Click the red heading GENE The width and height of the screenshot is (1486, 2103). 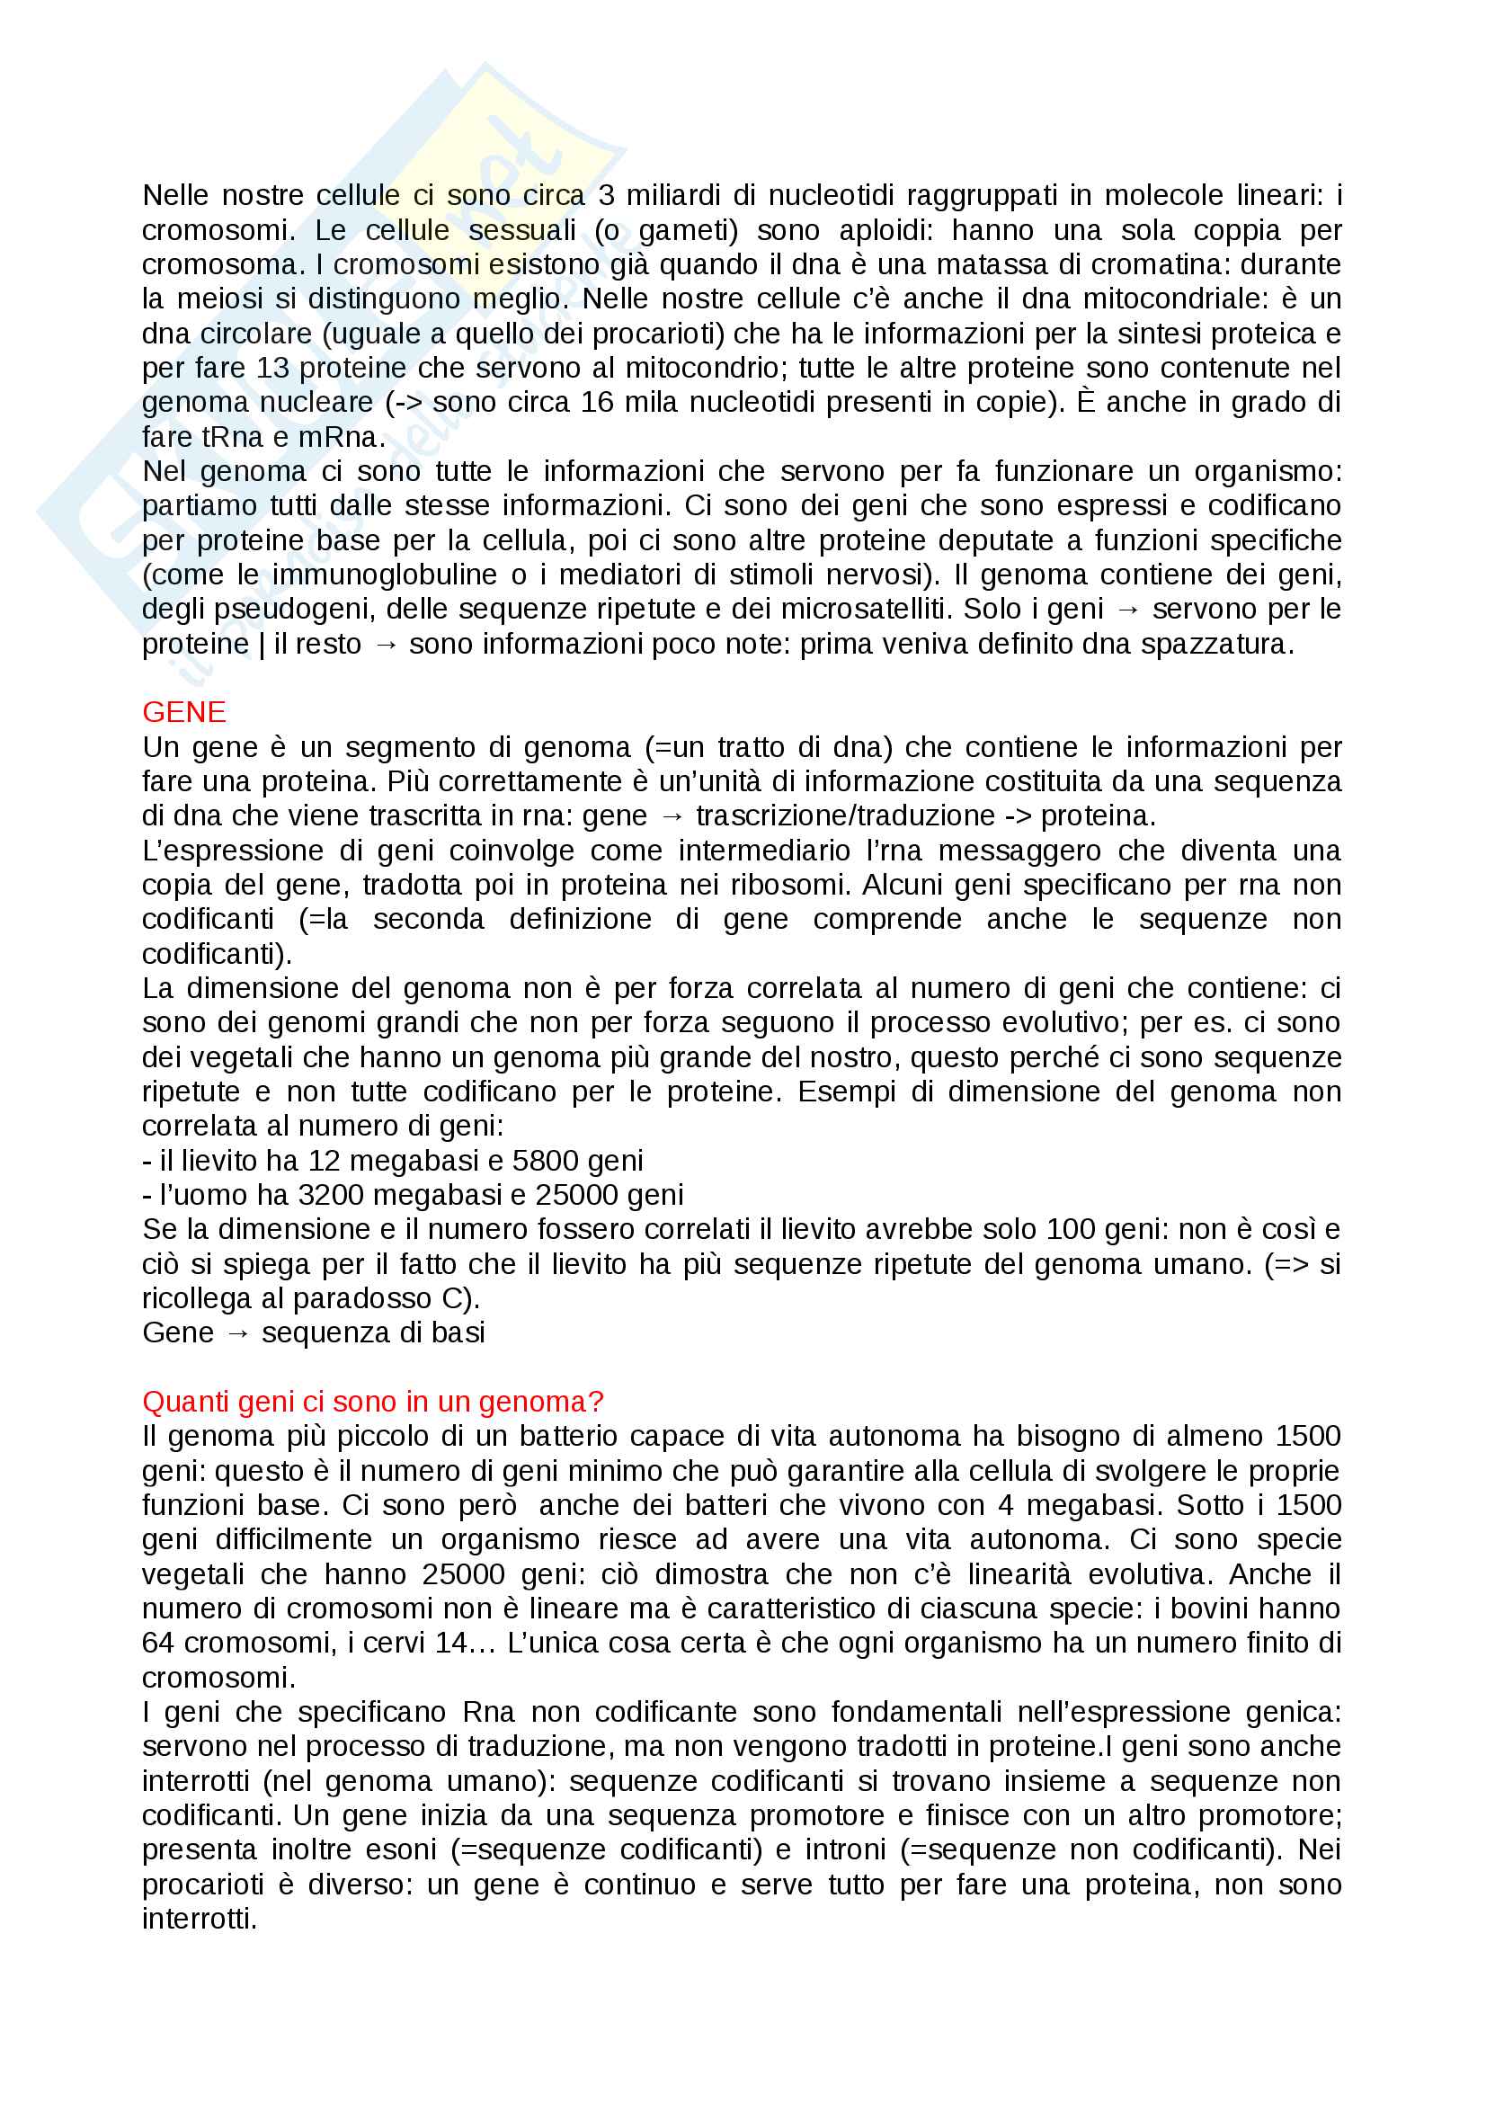click(x=183, y=712)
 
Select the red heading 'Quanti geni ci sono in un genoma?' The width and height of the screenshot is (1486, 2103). click(x=373, y=1402)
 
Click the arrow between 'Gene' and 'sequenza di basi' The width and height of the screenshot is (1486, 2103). click(x=237, y=1332)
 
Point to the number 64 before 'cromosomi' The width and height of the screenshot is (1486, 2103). click(x=158, y=1643)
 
